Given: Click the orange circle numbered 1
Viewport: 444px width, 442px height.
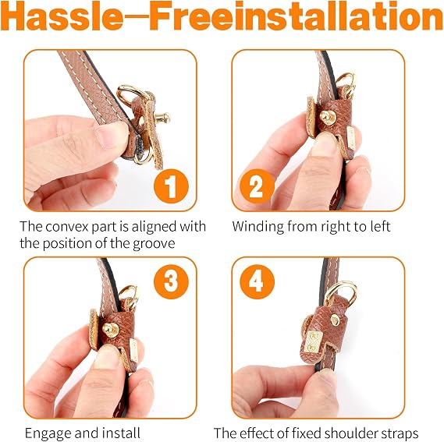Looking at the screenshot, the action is click(171, 187).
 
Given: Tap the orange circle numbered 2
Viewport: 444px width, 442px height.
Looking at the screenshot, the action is click(257, 186).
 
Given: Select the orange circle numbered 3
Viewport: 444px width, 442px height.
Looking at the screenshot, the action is click(171, 281).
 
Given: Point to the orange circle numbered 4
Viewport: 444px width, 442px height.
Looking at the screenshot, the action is click(257, 281).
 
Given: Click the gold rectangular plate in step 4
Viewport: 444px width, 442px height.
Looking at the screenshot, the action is click(312, 341).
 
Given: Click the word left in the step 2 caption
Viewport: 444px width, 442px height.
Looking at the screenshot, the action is click(380, 226).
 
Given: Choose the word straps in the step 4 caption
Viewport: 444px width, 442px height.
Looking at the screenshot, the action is click(401, 433).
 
